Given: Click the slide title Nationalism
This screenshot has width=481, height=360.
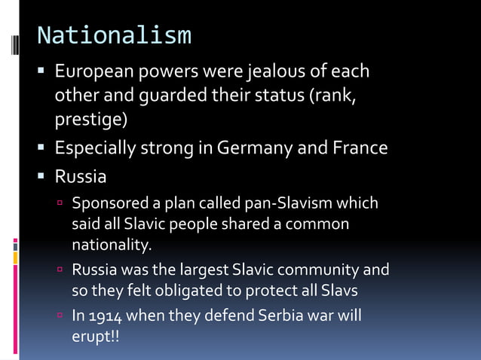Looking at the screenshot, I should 114,35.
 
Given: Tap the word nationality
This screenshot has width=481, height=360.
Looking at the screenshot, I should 111,244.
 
